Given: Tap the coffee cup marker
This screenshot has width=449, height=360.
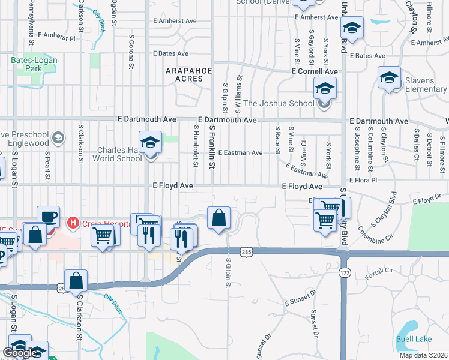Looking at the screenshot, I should [x=48, y=217].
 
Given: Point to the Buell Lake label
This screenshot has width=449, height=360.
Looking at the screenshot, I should [x=414, y=340].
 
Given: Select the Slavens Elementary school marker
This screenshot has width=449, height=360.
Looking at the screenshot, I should [x=390, y=77].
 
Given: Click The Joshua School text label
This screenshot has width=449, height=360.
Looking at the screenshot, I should [x=279, y=103].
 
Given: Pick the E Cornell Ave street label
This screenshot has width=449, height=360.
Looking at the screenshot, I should [x=315, y=71].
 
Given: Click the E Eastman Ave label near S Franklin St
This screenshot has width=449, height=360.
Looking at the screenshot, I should [x=240, y=153].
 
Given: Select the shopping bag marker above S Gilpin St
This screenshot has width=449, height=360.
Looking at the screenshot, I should [x=219, y=217].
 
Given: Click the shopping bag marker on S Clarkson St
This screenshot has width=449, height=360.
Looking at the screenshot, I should [x=76, y=280].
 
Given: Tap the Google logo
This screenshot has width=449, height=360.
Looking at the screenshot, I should [x=20, y=353].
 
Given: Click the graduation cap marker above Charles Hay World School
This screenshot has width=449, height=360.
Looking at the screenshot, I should [x=150, y=142].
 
